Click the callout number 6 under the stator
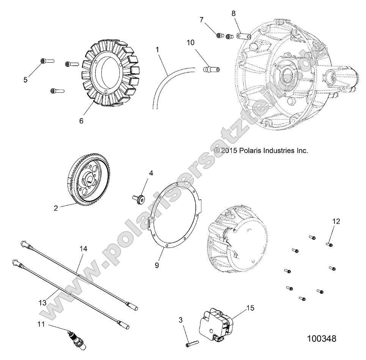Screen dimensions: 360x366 click(81, 121)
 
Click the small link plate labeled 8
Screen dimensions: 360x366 click(242, 36)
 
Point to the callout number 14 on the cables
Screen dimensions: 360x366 click(83, 249)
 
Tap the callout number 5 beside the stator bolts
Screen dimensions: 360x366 click(25, 80)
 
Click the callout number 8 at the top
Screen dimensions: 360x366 click(234, 13)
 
